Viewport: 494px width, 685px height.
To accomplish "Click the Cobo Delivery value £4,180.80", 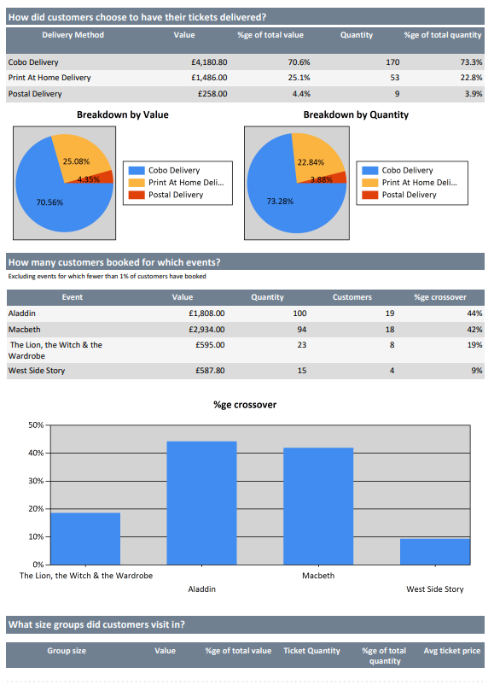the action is (209, 62).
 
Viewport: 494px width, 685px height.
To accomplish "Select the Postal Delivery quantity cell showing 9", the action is (397, 93).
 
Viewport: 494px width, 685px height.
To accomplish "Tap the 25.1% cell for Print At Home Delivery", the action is (299, 78).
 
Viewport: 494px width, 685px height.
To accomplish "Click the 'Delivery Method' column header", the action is (73, 35).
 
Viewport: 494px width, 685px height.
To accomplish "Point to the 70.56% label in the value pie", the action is (49, 202).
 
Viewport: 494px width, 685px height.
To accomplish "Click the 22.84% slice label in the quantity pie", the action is (311, 162).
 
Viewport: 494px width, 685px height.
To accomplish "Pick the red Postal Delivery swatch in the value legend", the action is (137, 195).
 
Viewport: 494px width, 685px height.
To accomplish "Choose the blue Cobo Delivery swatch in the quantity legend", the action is (370, 170).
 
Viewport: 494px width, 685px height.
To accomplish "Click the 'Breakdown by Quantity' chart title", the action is (356, 115).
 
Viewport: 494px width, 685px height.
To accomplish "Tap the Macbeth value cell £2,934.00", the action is (206, 330).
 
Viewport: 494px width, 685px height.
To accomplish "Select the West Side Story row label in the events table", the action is (37, 371).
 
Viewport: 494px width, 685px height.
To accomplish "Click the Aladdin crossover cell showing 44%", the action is (474, 313).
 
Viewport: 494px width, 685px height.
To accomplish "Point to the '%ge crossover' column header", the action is (440, 297).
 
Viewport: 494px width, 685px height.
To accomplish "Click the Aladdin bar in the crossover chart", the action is (201, 503).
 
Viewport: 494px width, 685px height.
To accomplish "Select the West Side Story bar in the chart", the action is (435, 551).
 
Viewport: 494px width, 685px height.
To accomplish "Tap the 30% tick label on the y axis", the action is (36, 481).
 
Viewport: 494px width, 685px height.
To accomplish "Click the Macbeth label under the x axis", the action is (318, 576).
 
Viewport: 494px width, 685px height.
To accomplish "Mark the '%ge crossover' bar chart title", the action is (245, 405).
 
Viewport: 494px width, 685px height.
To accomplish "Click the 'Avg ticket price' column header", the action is (452, 651).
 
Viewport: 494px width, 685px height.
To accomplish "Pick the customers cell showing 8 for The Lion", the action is (392, 345).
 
